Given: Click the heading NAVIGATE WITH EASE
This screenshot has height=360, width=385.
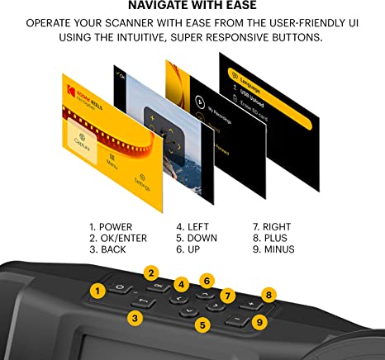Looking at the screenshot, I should tap(192, 9).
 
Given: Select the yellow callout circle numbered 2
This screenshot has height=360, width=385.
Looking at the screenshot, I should tap(150, 272).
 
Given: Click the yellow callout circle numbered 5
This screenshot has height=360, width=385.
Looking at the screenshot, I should tap(202, 325).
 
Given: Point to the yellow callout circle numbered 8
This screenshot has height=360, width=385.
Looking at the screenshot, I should tap(268, 294).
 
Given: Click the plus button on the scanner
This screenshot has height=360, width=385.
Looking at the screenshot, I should tap(247, 304).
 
